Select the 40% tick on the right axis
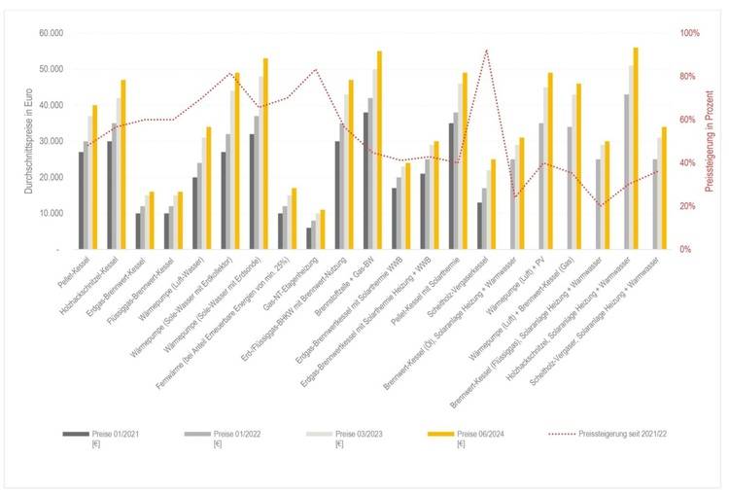point(686,162)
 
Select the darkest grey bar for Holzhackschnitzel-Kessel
point(110,194)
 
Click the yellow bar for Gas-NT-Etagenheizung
point(323,229)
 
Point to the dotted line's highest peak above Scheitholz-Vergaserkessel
point(486,50)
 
